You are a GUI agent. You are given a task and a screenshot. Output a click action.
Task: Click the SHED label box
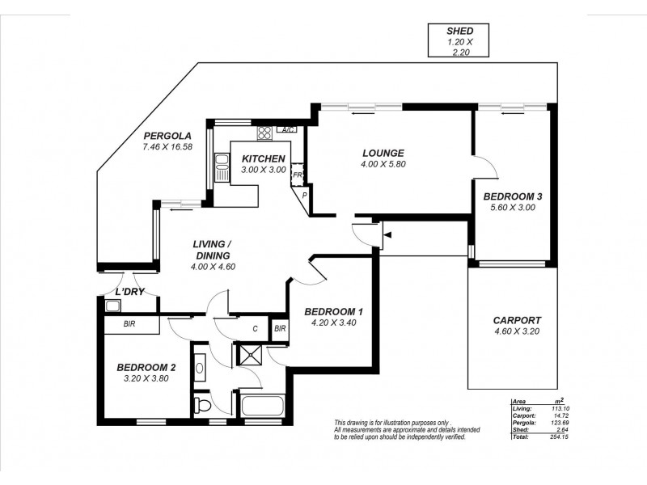click(455, 40)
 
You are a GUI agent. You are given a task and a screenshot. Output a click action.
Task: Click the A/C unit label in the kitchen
click(287, 130)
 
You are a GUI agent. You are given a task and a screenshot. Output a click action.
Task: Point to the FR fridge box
click(297, 175)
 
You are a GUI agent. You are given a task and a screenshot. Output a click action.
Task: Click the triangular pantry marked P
click(305, 195)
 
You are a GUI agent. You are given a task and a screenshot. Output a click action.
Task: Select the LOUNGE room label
click(383, 154)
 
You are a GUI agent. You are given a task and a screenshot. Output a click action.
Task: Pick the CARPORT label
click(518, 320)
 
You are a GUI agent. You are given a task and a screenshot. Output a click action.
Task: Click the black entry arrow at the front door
click(388, 235)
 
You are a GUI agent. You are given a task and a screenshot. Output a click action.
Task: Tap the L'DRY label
click(129, 292)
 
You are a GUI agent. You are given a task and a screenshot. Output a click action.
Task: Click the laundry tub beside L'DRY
click(112, 305)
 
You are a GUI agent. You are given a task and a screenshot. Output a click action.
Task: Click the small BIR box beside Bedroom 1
click(279, 328)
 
